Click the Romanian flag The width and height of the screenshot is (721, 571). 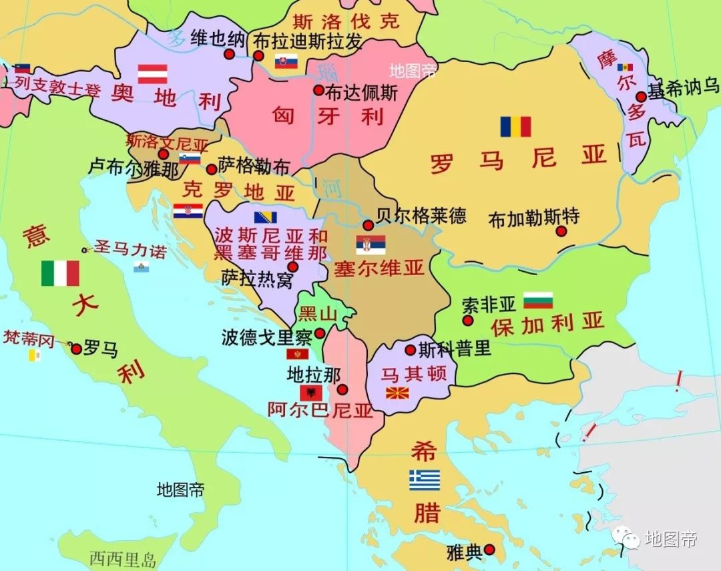coord(515,127)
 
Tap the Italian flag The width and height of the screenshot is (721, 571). coord(60,272)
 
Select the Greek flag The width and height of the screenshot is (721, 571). coord(425,480)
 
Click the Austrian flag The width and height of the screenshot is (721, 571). coord(152,73)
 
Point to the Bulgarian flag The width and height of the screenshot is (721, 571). coord(538,301)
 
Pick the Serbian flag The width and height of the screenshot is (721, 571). coord(371,245)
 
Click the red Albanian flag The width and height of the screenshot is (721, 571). coord(310,393)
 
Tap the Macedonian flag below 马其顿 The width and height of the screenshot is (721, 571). coord(397,392)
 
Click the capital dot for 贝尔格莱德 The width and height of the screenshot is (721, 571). coord(368,225)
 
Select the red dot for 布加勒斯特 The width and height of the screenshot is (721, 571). coord(561,231)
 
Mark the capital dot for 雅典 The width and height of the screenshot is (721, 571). coord(489,550)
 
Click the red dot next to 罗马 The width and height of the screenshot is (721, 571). coord(76,349)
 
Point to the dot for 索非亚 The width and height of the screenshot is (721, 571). coord(468,321)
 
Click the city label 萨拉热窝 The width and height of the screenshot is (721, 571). coord(257,279)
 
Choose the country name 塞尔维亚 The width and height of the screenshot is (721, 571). coord(379,268)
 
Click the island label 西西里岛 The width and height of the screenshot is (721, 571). coord(123,558)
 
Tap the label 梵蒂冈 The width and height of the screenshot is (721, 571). coord(28,338)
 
